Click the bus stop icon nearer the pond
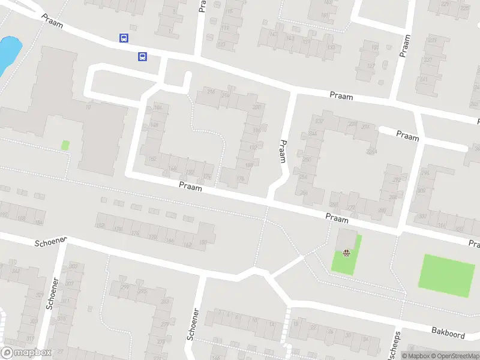point(124,38)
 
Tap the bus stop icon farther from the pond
point(143,56)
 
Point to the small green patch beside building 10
point(65,145)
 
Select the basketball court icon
point(346,254)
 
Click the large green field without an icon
point(446,275)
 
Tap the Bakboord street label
point(448,331)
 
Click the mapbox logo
point(26,353)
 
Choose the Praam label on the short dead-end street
point(407,136)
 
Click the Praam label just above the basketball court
point(337,220)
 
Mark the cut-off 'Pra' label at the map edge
point(474,244)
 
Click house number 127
point(370,66)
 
